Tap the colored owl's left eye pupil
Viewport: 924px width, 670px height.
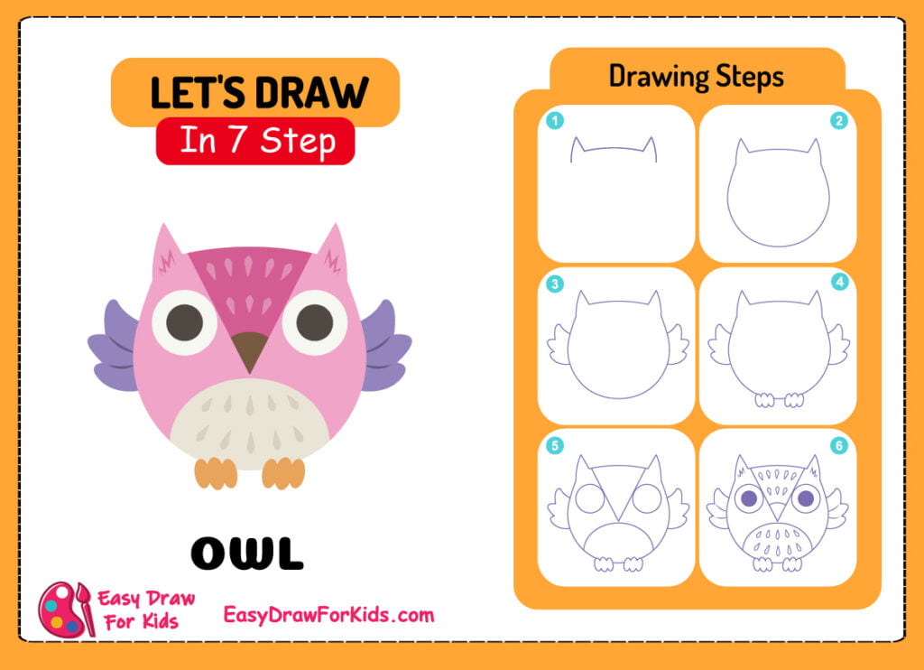click(184, 321)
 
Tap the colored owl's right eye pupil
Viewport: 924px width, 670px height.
click(315, 322)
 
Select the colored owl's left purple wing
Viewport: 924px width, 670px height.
click(114, 348)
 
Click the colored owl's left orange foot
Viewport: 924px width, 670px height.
click(216, 472)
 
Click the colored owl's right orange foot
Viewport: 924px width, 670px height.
click(283, 472)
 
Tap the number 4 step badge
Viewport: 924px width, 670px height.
click(839, 282)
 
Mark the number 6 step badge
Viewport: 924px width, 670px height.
click(839, 444)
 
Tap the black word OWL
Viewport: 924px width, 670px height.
click(247, 554)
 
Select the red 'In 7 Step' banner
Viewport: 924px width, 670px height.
click(255, 141)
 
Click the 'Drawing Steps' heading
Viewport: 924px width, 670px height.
click(696, 76)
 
